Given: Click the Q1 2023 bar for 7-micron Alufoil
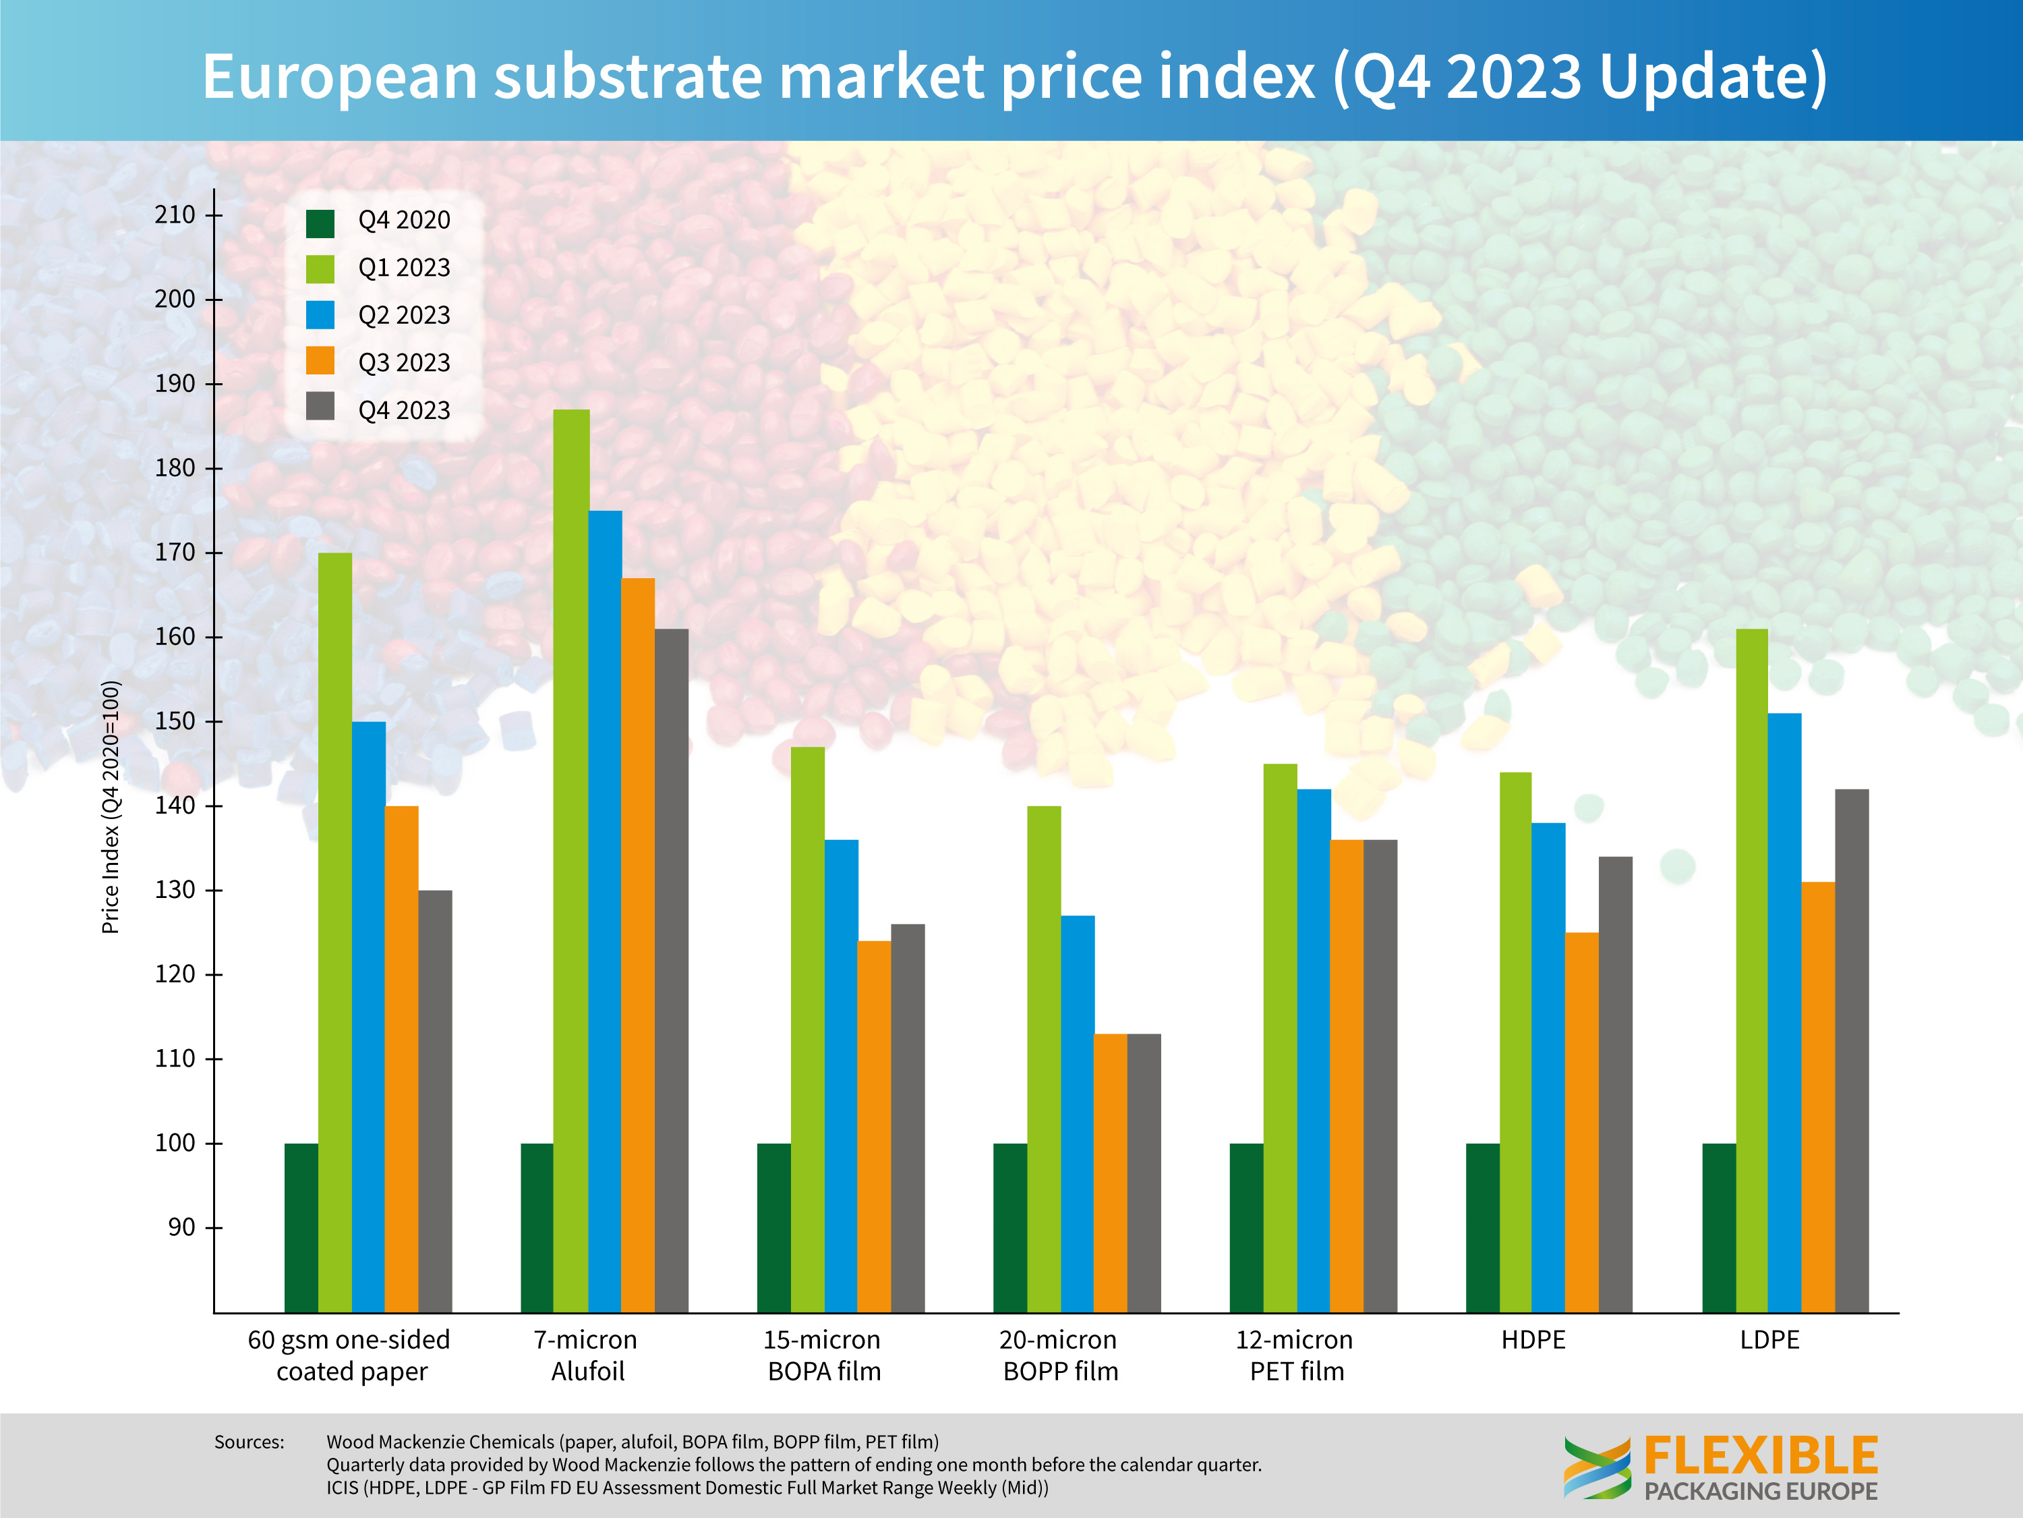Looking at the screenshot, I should coord(572,860).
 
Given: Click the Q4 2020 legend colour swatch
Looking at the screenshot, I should coord(320,223).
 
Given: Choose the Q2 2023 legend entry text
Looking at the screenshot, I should coord(404,316).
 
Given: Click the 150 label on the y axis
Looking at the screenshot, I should coord(175,721).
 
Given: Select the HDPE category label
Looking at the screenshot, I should coord(1533,1340).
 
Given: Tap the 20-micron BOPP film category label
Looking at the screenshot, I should coord(1060,1355).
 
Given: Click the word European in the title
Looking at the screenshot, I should coord(339,76).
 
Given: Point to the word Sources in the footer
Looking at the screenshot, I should coord(249,1442).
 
